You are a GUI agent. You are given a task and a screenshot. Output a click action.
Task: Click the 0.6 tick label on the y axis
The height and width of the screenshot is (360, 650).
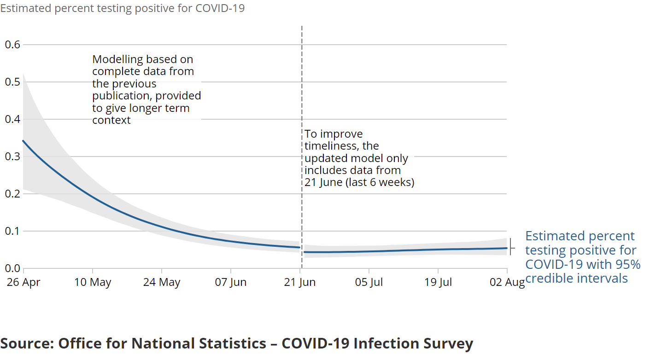click(x=12, y=45)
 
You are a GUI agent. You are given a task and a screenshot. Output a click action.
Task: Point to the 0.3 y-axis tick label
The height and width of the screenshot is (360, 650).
click(x=12, y=157)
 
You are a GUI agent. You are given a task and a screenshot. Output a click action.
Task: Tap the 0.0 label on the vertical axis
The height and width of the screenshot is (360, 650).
click(x=12, y=268)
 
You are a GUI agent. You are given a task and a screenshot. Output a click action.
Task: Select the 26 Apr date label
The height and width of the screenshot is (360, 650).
click(x=23, y=282)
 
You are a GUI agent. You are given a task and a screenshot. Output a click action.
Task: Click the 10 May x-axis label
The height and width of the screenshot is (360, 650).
click(x=93, y=282)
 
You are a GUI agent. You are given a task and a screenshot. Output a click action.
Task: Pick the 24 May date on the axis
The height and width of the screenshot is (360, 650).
click(x=162, y=282)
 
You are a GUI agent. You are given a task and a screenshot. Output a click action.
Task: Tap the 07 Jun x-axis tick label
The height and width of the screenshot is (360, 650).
click(x=231, y=282)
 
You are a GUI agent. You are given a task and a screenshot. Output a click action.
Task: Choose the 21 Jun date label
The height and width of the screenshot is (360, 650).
click(x=300, y=282)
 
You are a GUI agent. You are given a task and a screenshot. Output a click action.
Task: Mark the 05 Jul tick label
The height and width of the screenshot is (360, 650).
click(x=369, y=282)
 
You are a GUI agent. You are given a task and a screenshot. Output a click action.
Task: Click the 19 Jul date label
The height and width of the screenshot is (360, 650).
click(x=438, y=282)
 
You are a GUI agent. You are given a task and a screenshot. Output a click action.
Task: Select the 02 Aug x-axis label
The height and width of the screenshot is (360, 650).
click(x=507, y=282)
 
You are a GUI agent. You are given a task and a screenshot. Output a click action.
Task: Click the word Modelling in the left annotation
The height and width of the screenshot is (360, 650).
click(x=117, y=60)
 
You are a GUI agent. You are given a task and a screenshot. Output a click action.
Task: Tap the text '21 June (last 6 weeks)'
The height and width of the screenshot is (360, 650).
click(x=359, y=182)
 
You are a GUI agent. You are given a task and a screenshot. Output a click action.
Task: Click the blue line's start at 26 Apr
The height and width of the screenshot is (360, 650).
click(x=23, y=141)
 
